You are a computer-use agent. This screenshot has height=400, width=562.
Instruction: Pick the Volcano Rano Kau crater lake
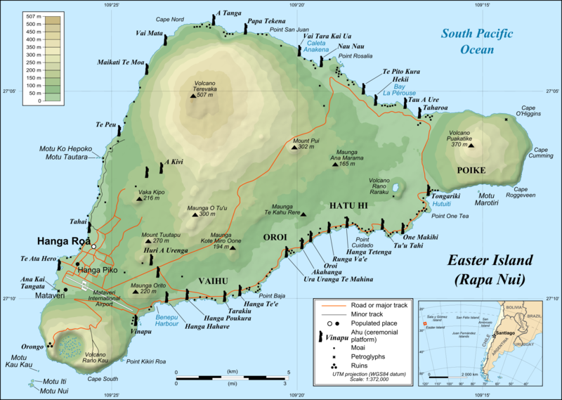pos(70,346)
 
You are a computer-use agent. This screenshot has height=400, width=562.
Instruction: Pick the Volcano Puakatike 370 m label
pos(469,138)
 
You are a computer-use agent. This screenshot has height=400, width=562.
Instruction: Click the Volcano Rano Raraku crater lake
pos(397,188)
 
